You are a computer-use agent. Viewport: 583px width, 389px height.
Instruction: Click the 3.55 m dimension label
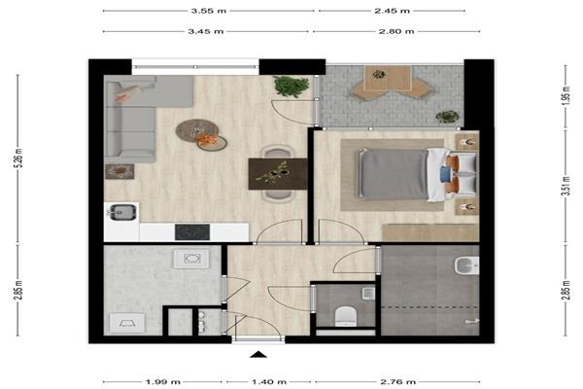209,11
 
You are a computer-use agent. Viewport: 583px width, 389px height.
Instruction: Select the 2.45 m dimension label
392,11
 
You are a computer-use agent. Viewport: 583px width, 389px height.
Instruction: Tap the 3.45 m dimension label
206,31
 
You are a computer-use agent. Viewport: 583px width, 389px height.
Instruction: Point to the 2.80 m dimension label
396,31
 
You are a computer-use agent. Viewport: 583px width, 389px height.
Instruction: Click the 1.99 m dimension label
163,381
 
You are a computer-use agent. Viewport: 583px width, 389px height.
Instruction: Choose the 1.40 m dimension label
269,381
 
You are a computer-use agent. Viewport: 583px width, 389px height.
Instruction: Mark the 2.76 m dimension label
397,381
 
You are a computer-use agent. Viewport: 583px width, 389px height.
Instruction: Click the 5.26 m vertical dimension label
19,159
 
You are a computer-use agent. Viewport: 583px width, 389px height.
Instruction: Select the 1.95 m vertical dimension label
566,95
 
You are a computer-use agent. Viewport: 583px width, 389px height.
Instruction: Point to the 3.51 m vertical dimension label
566,186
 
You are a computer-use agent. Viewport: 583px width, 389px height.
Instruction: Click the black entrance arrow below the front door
258,354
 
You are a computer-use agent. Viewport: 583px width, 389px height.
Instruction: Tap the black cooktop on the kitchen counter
192,231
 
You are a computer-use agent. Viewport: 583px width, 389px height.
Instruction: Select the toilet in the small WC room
346,316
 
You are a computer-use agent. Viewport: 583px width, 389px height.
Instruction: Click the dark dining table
278,174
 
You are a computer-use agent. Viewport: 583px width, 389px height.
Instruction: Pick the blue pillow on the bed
445,174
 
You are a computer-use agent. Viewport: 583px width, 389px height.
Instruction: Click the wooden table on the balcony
388,78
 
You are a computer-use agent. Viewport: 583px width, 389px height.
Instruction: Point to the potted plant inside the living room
291,86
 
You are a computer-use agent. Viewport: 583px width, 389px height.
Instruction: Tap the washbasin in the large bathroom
466,265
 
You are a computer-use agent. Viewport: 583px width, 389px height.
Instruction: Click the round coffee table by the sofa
197,130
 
